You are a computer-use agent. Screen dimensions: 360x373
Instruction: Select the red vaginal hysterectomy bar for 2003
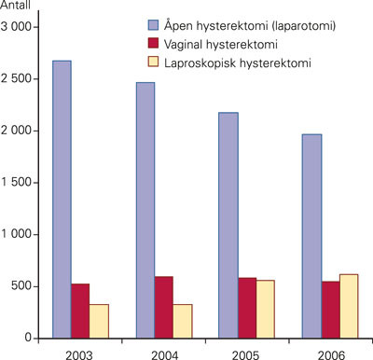coord(81,311)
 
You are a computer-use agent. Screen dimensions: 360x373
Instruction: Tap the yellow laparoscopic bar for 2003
coord(100,321)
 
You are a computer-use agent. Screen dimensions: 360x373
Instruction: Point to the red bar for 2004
coord(163,307)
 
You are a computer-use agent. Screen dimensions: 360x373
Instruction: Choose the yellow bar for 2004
coord(182,321)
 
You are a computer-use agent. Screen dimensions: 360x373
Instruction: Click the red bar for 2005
coord(246,308)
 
